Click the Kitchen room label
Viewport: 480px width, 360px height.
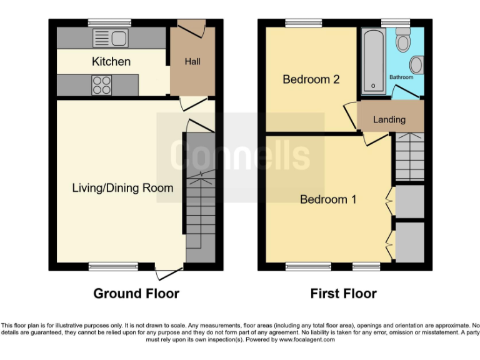111,61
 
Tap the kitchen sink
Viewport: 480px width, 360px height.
110,38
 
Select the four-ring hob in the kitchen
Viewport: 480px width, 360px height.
101,85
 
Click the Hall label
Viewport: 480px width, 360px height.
192,62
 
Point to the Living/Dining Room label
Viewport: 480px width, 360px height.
122,187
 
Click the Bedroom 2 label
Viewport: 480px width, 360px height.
311,79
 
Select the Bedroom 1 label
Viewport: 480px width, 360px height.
328,199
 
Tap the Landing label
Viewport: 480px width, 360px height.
389,119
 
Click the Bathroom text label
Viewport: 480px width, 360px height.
401,77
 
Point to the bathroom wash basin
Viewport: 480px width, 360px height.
417,63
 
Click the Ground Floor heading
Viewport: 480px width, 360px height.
136,293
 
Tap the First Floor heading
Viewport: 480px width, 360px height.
343,293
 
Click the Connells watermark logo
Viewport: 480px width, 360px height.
241,156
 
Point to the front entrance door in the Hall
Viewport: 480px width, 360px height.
191,27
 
